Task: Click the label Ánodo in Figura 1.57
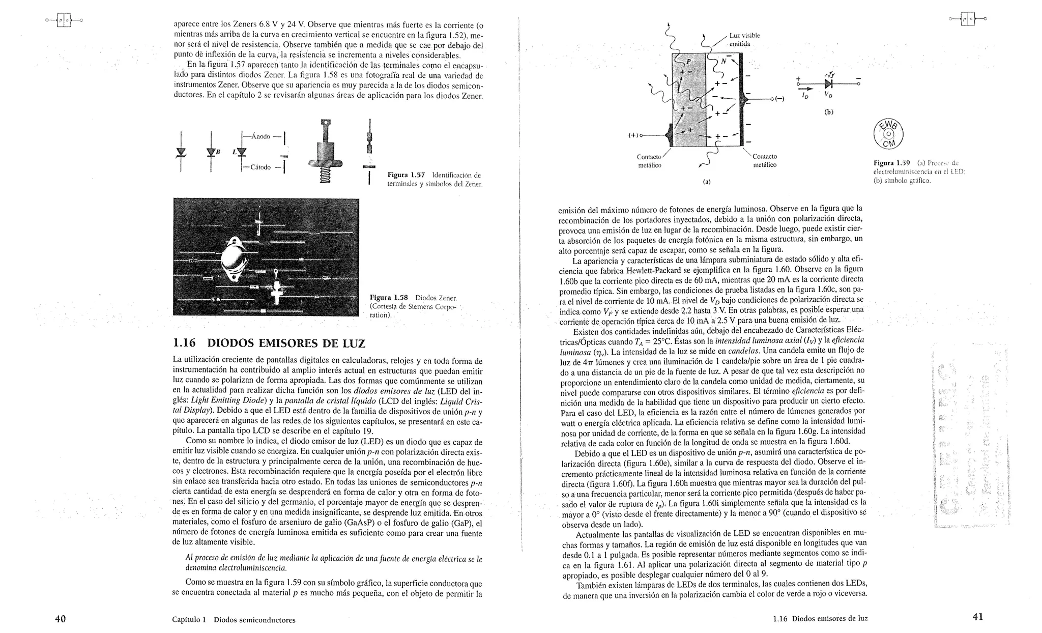tap(260, 136)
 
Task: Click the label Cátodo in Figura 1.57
tap(259, 167)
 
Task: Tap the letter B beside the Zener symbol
tap(218, 152)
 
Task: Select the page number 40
tap(60, 619)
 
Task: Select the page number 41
tap(977, 617)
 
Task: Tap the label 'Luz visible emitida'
tap(744, 40)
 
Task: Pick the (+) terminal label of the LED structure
tap(632, 135)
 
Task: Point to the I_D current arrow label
tap(805, 95)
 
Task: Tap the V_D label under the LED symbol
tap(828, 95)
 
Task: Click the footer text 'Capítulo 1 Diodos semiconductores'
tap(234, 620)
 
